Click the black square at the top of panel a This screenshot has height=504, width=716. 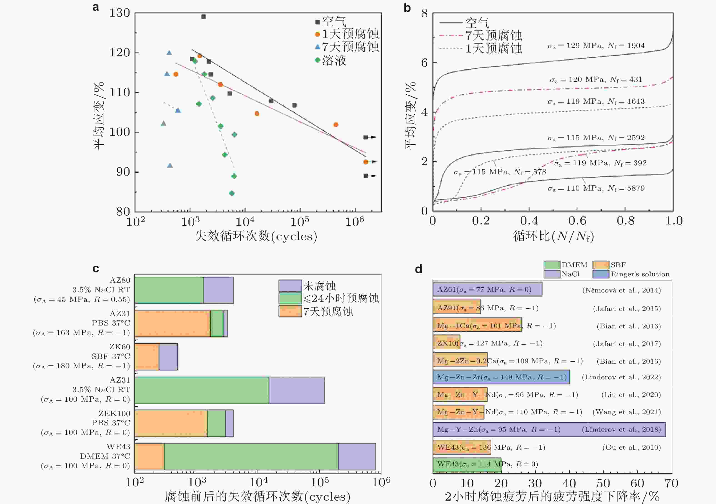[203, 17]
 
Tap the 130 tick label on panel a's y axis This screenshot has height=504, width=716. [119, 13]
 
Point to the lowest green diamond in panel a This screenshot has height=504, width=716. [232, 193]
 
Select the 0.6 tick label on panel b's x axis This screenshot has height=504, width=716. [577, 221]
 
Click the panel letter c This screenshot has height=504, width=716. [96, 269]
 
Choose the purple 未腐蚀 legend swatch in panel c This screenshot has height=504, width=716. [290, 286]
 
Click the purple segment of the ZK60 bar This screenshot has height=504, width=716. [168, 357]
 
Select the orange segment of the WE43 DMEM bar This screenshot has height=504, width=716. [149, 456]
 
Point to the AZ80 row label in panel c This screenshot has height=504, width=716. [120, 280]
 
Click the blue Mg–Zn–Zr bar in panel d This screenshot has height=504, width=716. [501, 377]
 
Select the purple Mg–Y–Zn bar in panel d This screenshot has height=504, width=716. [549, 429]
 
